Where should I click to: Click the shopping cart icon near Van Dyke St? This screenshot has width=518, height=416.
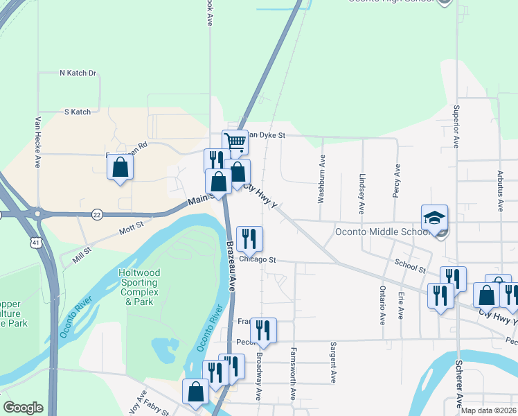point(235,142)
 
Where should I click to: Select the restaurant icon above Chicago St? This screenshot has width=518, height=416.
point(249,238)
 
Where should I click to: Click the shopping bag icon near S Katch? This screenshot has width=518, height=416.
point(120,167)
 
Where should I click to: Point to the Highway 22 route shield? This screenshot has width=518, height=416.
point(97,215)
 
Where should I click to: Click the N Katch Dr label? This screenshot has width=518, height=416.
point(78,73)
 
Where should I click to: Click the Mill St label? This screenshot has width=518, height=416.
point(83,253)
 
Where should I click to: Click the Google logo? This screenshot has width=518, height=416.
point(23,408)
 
